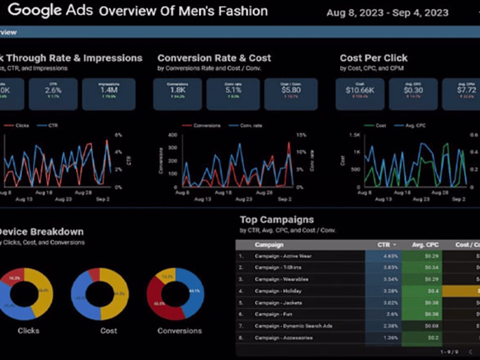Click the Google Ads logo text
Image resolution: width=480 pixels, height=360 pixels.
click(x=51, y=11)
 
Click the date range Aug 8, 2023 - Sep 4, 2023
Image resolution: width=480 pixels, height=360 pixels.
click(x=387, y=12)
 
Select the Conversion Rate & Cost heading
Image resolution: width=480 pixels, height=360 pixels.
click(x=214, y=58)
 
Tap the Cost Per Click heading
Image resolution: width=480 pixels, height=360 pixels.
click(x=374, y=58)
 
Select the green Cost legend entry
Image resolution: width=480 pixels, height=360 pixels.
click(x=376, y=125)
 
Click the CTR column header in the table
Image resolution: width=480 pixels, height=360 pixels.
click(x=383, y=245)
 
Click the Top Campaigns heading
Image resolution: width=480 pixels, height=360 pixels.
click(x=277, y=220)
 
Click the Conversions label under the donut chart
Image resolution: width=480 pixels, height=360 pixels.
click(x=180, y=331)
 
